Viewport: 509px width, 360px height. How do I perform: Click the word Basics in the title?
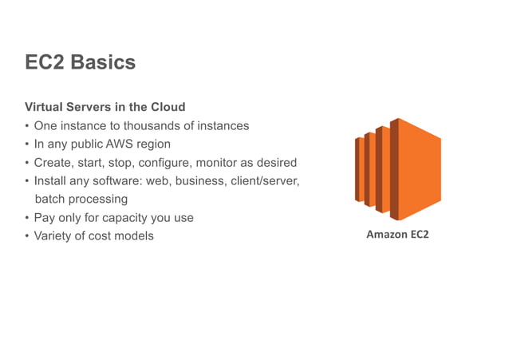[103, 63]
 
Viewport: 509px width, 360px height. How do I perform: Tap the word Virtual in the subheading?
[45, 107]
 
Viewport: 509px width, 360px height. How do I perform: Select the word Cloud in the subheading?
[168, 107]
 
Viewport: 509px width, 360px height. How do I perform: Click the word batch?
[49, 200]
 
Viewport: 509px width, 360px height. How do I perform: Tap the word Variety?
[53, 236]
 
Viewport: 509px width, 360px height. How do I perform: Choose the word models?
[136, 236]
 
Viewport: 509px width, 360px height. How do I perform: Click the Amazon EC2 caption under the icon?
[397, 235]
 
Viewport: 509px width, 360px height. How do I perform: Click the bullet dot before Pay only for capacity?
[27, 218]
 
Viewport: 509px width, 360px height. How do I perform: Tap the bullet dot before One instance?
[27, 126]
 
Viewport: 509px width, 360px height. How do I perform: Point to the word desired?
[276, 163]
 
